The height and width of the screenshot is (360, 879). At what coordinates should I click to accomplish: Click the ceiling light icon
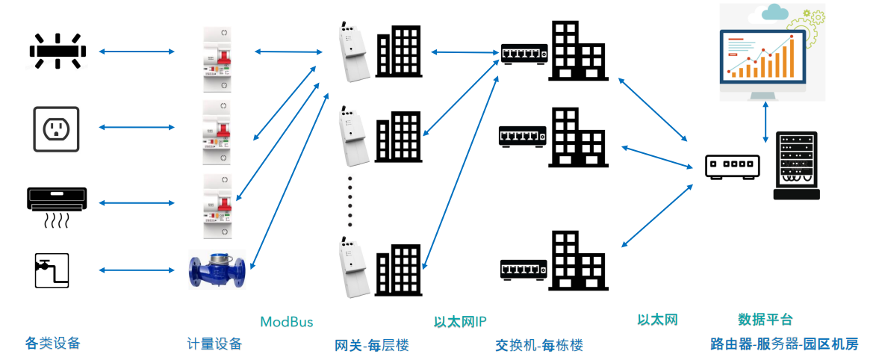click(x=58, y=51)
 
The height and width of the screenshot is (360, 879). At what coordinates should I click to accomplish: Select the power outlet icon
click(x=56, y=128)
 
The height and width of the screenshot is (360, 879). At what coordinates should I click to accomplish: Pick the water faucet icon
click(x=52, y=270)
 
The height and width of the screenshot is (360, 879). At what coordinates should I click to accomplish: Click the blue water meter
click(x=215, y=270)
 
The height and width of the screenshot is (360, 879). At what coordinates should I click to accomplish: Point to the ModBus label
click(x=286, y=322)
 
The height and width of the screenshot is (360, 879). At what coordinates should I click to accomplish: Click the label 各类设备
click(x=52, y=344)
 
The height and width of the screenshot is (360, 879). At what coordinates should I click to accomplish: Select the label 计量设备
click(x=214, y=344)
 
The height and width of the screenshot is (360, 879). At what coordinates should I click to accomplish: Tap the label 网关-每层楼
click(x=372, y=345)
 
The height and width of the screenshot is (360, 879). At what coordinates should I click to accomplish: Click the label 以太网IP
click(x=460, y=322)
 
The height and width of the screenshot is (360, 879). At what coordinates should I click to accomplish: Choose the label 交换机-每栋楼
click(x=538, y=345)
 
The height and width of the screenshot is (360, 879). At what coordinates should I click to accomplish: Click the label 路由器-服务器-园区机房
click(x=784, y=344)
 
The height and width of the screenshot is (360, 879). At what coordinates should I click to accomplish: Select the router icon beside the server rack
click(x=733, y=165)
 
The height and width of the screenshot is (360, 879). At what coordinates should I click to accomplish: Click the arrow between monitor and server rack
click(x=766, y=122)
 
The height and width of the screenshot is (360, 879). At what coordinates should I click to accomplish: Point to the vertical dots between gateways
click(x=350, y=202)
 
